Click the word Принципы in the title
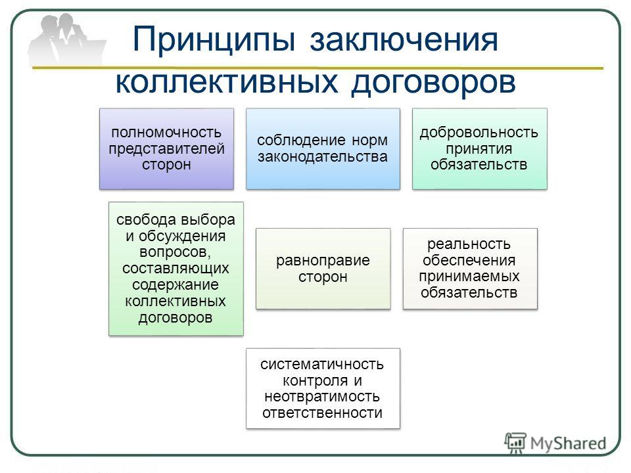(x=214, y=40)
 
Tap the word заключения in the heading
(x=404, y=40)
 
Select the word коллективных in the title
(x=227, y=83)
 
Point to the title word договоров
(x=433, y=83)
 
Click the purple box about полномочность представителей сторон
(x=166, y=148)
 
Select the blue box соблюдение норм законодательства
(x=323, y=148)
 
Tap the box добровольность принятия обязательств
(x=479, y=148)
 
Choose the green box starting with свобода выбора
(x=176, y=269)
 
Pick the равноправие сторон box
(x=323, y=269)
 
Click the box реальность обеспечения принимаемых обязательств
(x=470, y=269)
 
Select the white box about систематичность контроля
(x=323, y=388)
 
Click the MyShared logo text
(x=568, y=443)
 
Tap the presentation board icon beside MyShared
(x=515, y=443)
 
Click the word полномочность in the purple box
(x=166, y=132)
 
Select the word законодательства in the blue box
(x=323, y=156)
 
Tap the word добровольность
(x=479, y=132)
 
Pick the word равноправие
(x=323, y=260)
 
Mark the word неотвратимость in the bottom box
(x=322, y=397)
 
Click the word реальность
(x=469, y=244)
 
